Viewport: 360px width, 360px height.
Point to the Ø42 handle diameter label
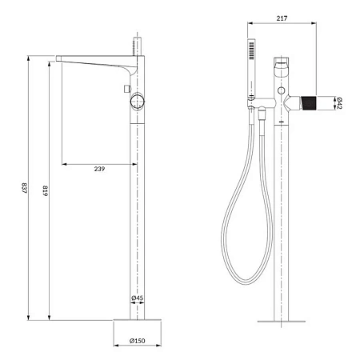click(x=339, y=102)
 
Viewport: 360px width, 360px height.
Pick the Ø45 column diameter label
click(x=137, y=299)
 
